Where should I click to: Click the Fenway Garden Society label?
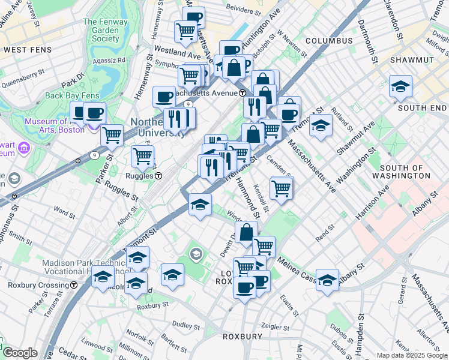click(x=101, y=30)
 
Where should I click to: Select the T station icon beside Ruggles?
click(x=158, y=176)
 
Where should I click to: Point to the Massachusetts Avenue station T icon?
click(x=242, y=93)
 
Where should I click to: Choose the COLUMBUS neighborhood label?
click(x=328, y=41)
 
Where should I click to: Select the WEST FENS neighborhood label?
click(x=24, y=48)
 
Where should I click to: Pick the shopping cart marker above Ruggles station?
click(x=142, y=156)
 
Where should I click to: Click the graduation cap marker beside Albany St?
click(x=327, y=280)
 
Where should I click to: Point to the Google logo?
click(x=19, y=353)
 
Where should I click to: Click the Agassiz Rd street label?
click(x=113, y=60)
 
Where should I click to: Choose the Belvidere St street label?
click(x=244, y=10)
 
